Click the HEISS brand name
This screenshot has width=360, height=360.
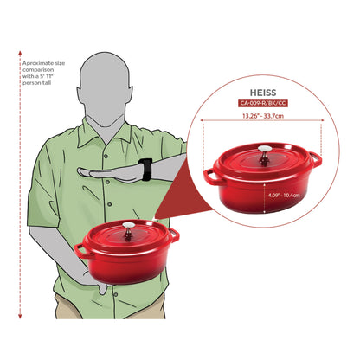coord(263,93)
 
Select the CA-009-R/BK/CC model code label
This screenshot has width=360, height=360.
coord(263,103)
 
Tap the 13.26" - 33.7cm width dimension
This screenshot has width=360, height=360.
coord(263,116)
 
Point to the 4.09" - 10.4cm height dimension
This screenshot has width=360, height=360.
coord(284,196)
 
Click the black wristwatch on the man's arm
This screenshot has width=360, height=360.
coord(146,170)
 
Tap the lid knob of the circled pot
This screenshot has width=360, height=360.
coord(265,155)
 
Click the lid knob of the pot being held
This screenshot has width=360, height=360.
coord(128,230)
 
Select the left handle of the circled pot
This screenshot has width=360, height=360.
coord(210,177)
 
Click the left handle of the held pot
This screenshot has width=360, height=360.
coord(80,250)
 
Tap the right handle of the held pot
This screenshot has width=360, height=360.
coord(174,235)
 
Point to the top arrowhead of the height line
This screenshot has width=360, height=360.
coord(20,53)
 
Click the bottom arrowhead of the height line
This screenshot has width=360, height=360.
coord(20,317)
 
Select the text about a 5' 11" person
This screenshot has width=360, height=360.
coord(43,73)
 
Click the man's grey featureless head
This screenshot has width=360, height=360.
coord(105,88)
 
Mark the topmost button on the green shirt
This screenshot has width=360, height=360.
coord(106,156)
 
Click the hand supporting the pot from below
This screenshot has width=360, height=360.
coord(95,281)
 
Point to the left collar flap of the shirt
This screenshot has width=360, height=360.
coord(87,136)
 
